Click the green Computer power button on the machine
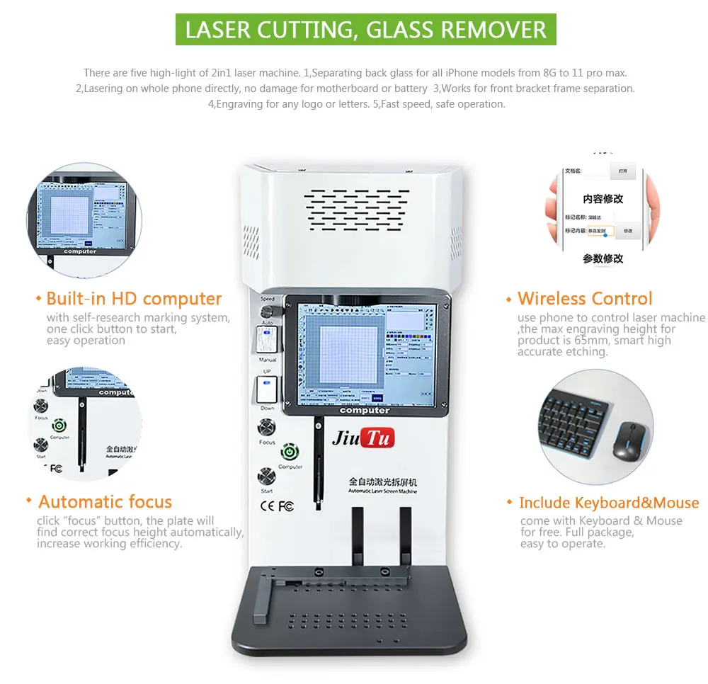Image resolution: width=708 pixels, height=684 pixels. coord(289,451)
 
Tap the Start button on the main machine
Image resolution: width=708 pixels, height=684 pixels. coord(267,475)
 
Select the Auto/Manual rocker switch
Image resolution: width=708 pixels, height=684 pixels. coord(266,341)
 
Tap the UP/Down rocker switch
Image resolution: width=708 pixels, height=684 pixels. coord(266,389)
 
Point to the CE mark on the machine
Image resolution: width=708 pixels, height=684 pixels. coord(268,506)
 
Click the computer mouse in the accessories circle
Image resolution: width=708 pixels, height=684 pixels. coord(625,440)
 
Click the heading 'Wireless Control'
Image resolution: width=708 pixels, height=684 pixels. coord(585,299)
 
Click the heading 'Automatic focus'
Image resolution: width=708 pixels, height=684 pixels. coord(105,502)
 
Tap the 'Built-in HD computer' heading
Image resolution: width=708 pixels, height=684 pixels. coord(134,299)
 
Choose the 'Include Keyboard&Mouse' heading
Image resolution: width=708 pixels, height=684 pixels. coord(609,503)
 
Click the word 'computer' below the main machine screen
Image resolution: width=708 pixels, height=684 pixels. coord(365,411)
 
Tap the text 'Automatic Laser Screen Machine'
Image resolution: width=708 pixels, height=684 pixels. coord(383,491)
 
